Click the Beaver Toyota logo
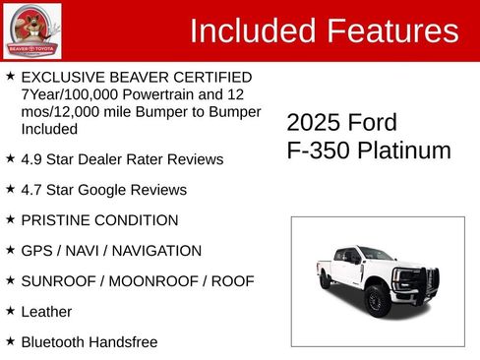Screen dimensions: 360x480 pyautogui.click(x=32, y=31)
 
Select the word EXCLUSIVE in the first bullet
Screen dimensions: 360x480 pyautogui.click(x=64, y=77)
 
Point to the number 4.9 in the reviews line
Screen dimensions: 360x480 pyautogui.click(x=32, y=158)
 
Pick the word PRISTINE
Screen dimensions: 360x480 pyautogui.click(x=56, y=219)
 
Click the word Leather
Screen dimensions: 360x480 pyautogui.click(x=46, y=311)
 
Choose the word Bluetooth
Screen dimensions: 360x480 pyautogui.click(x=54, y=341)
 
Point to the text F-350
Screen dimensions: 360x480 pyautogui.click(x=318, y=150)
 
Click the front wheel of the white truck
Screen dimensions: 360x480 pyautogui.click(x=374, y=299)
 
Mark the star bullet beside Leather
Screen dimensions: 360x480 pyautogui.click(x=10, y=311)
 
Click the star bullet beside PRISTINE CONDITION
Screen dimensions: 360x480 pyautogui.click(x=10, y=219)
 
